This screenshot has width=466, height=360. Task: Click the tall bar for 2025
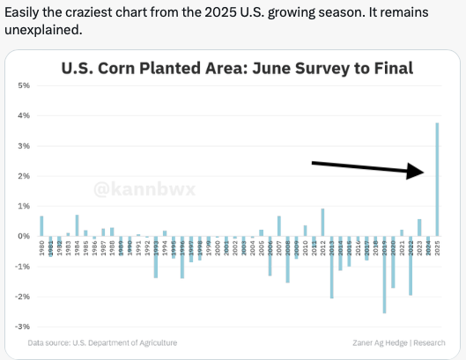coord(437,180)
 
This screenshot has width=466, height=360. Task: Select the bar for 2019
coord(384,274)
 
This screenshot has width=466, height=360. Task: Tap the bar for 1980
coord(41,226)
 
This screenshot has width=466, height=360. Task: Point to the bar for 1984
coord(77,225)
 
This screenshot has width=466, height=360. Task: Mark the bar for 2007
coord(278,226)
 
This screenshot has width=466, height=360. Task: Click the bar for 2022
coord(411,265)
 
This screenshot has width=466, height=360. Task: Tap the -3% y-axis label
coord(24,327)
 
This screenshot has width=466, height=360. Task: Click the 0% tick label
coord(25,236)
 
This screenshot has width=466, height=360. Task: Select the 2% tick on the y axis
coord(25,176)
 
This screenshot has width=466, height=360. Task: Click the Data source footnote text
coord(102,342)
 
